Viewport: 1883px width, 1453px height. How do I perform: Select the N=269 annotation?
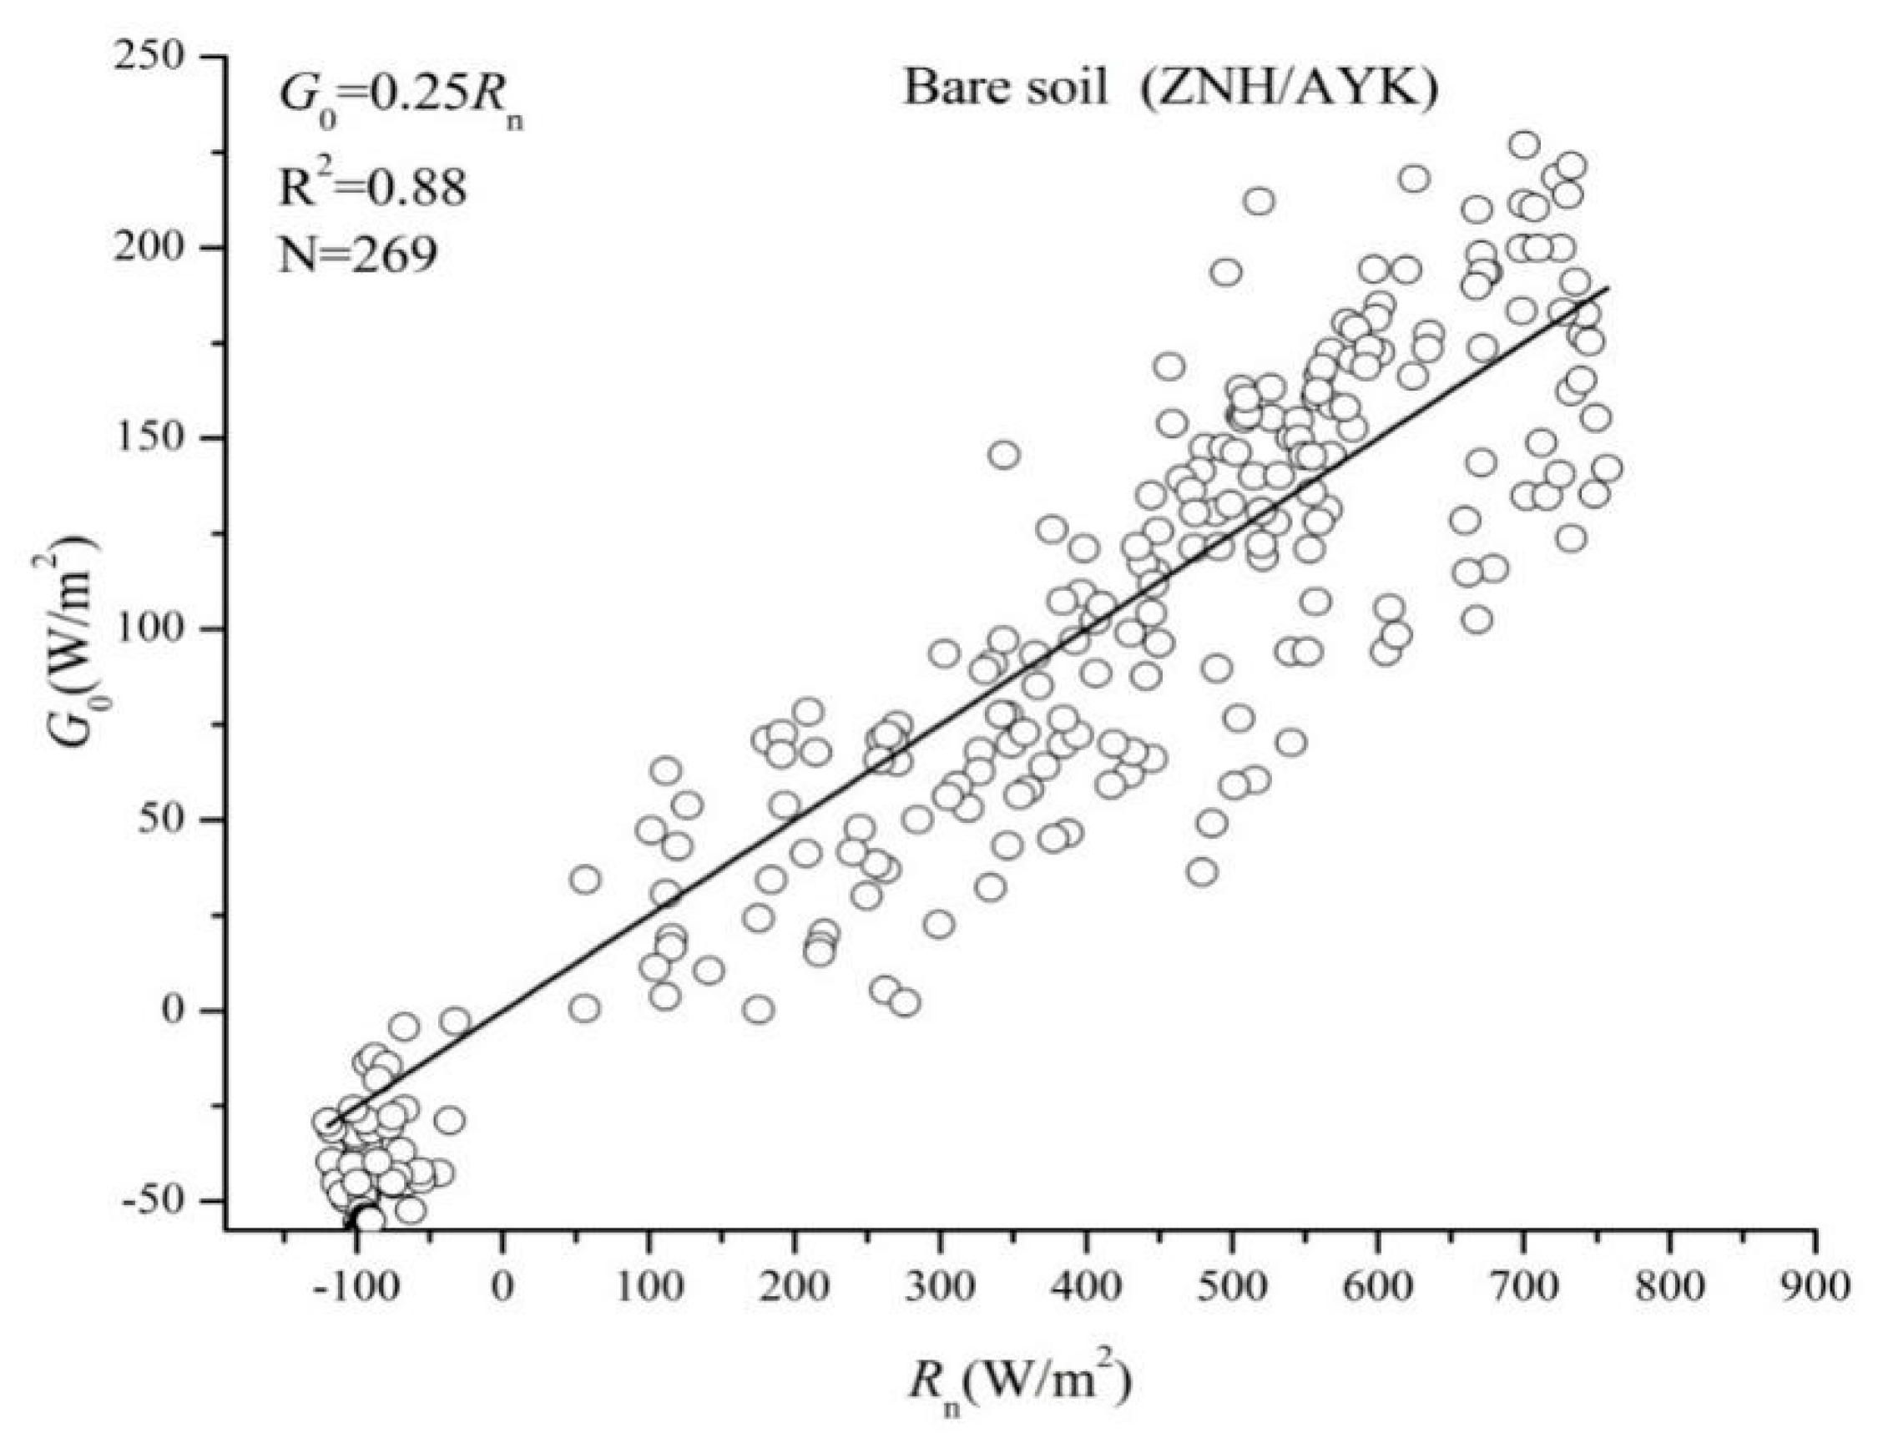pos(358,255)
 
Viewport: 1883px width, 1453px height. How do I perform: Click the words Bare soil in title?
pos(1004,88)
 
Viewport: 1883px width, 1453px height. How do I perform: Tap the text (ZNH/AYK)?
pos(1290,88)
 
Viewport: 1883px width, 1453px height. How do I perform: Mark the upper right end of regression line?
pos(1607,288)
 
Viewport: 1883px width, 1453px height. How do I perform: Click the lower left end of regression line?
pos(331,1123)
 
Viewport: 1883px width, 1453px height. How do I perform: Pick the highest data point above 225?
pos(1524,145)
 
